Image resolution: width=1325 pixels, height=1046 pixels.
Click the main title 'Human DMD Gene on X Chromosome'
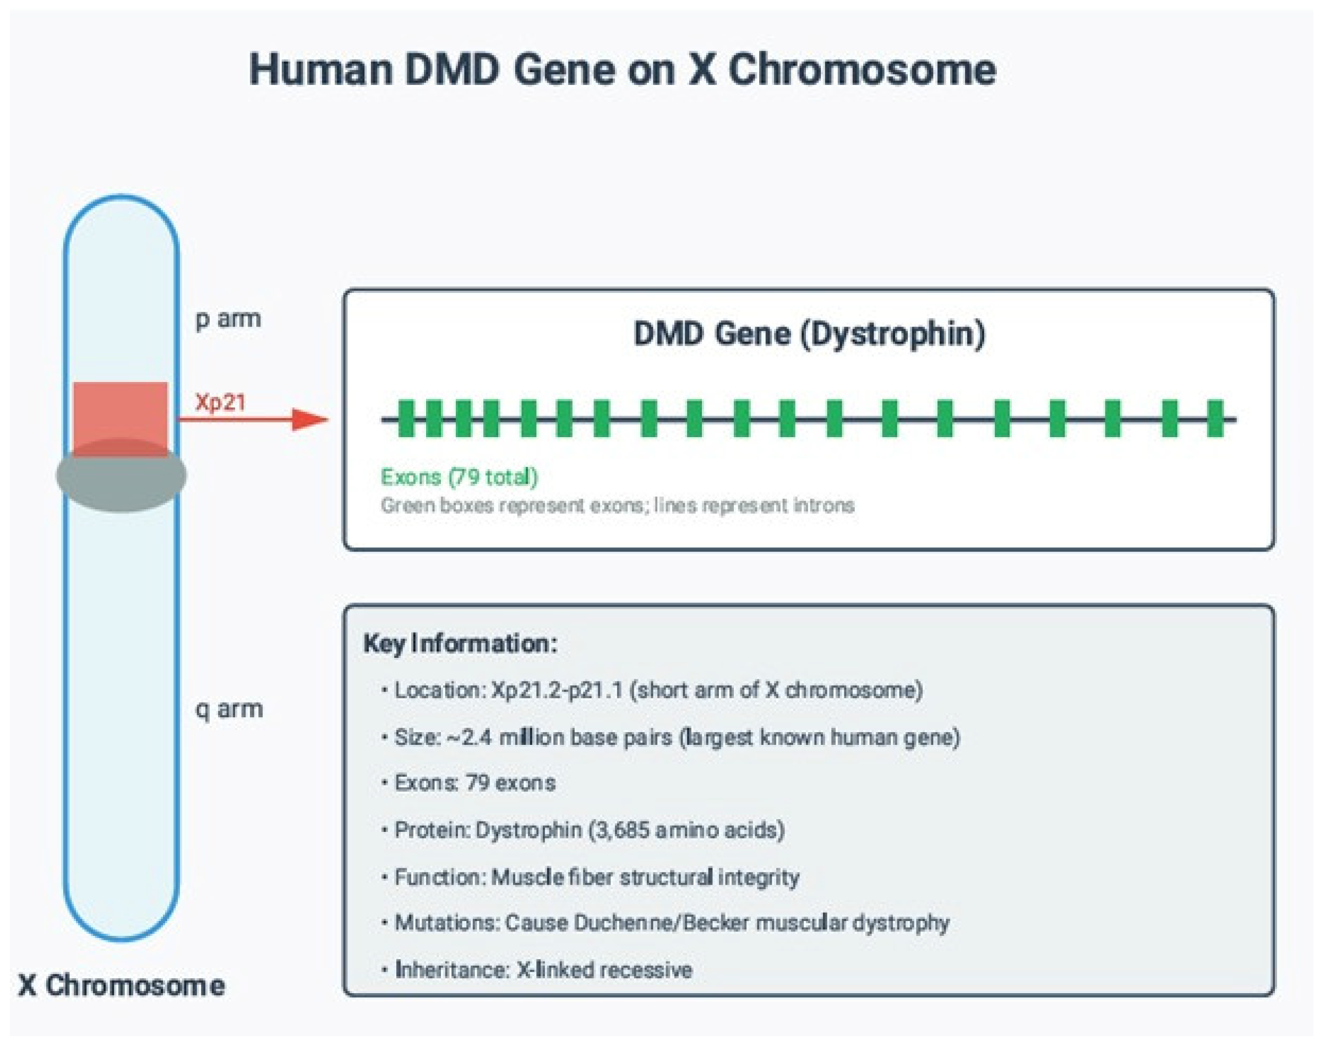[622, 69]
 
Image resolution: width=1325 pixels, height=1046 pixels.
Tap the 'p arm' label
[228, 319]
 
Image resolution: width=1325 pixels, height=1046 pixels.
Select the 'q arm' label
[229, 709]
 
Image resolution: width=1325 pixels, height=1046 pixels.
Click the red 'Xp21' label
[220, 402]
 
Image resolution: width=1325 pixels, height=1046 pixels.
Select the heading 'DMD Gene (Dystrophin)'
[809, 334]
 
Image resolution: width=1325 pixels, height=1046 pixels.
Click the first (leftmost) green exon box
[406, 419]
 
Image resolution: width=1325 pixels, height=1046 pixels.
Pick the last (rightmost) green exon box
[1215, 419]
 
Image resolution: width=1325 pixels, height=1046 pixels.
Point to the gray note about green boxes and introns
[617, 505]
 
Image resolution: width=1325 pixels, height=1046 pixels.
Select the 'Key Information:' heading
[460, 644]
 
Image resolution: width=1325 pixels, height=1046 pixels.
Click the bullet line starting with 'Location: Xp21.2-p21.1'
[658, 690]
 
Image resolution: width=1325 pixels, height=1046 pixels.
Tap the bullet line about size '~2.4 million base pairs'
[677, 737]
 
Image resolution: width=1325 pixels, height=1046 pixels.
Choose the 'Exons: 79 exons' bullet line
[475, 783]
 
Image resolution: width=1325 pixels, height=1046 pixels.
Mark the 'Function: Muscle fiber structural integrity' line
[596, 877]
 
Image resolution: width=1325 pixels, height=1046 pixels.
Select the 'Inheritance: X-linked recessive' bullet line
[543, 969]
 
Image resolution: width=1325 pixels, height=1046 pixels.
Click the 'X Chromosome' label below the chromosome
[121, 986]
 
